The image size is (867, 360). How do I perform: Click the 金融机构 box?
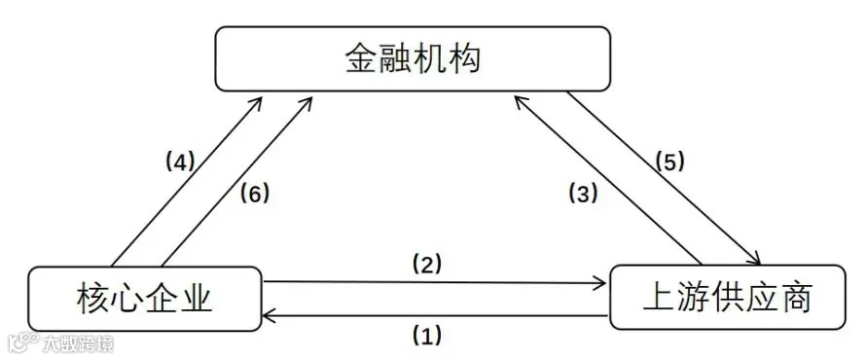coord(413,58)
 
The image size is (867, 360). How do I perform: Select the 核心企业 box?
coord(144,299)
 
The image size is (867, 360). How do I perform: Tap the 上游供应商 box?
coord(727,298)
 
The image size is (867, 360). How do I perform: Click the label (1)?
coord(427,335)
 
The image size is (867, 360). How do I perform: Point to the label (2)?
coord(427,265)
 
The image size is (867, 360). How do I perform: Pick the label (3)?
coord(583,194)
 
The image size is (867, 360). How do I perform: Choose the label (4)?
coord(180,162)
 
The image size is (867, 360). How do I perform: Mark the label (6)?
coord(254,194)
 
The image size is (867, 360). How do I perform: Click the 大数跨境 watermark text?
coord(79,345)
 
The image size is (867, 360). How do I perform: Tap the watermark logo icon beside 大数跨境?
coord(23,343)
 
